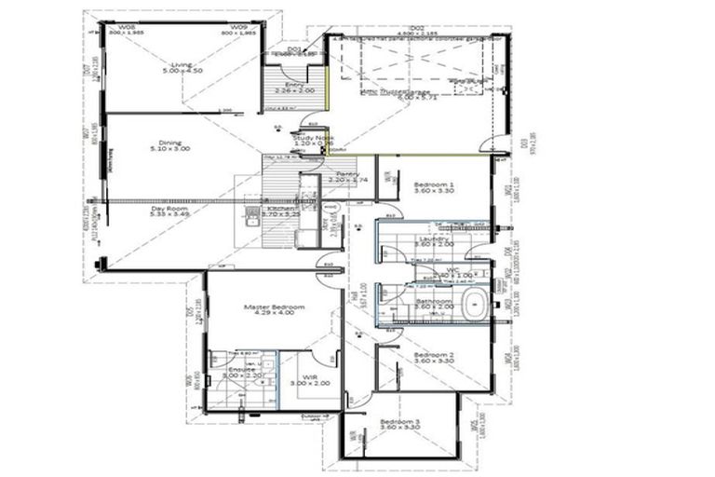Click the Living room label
click(x=181, y=64)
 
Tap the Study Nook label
click(x=313, y=137)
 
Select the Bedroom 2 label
click(x=433, y=355)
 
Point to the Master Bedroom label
click(x=268, y=306)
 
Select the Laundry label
click(x=433, y=238)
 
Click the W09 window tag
click(x=239, y=27)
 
